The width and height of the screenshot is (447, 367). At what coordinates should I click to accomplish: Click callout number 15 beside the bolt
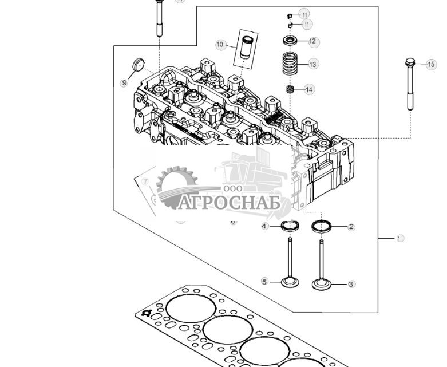pyautogui.click(x=431, y=65)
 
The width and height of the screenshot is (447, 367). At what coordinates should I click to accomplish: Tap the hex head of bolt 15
pyautogui.click(x=410, y=62)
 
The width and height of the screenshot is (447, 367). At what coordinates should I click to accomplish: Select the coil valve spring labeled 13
pyautogui.click(x=290, y=65)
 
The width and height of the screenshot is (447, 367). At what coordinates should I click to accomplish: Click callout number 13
pyautogui.click(x=313, y=65)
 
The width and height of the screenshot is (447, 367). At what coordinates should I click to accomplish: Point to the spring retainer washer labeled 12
pyautogui.click(x=290, y=41)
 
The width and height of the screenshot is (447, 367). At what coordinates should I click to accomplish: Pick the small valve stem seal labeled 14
pyautogui.click(x=290, y=90)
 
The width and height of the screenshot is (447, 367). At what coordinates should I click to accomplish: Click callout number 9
pyautogui.click(x=124, y=83)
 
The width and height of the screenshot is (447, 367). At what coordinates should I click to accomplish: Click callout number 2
pyautogui.click(x=351, y=227)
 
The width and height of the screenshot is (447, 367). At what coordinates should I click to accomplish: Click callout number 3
pyautogui.click(x=351, y=283)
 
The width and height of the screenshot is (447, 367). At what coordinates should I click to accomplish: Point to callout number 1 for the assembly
pyautogui.click(x=400, y=238)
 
